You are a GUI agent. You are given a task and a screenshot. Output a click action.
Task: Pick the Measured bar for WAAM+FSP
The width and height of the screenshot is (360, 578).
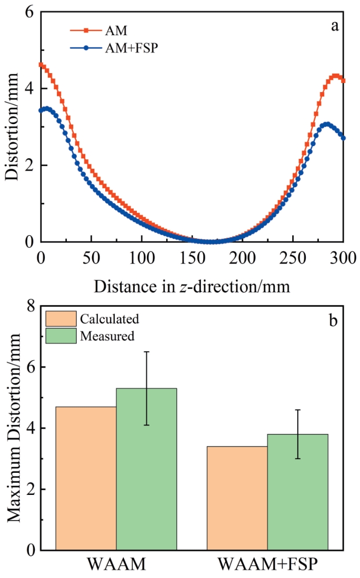(297, 492)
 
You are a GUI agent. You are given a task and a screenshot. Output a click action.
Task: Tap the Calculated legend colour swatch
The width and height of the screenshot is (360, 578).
(61, 319)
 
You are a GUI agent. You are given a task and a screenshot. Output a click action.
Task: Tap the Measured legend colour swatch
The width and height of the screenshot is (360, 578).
(61, 336)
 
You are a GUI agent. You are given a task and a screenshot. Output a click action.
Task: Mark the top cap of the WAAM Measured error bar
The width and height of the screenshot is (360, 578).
(146, 352)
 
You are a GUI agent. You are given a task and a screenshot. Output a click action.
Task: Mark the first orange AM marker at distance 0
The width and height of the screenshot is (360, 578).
(41, 65)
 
